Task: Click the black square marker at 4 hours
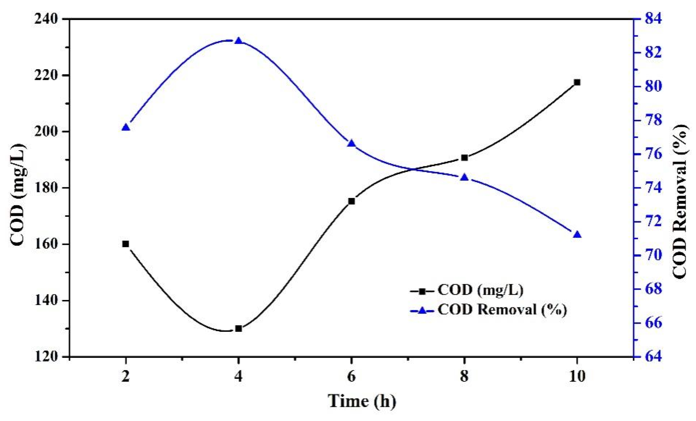tap(238, 329)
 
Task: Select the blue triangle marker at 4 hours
tap(238, 41)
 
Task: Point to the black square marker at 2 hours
tap(126, 244)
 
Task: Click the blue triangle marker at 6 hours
tap(351, 144)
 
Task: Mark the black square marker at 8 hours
tap(464, 158)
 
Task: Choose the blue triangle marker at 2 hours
tap(126, 127)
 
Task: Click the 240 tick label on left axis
tap(46, 19)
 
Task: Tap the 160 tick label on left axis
tap(46, 244)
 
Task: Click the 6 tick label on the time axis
tap(351, 376)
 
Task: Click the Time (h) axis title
tap(362, 401)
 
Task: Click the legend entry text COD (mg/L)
tap(480, 290)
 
